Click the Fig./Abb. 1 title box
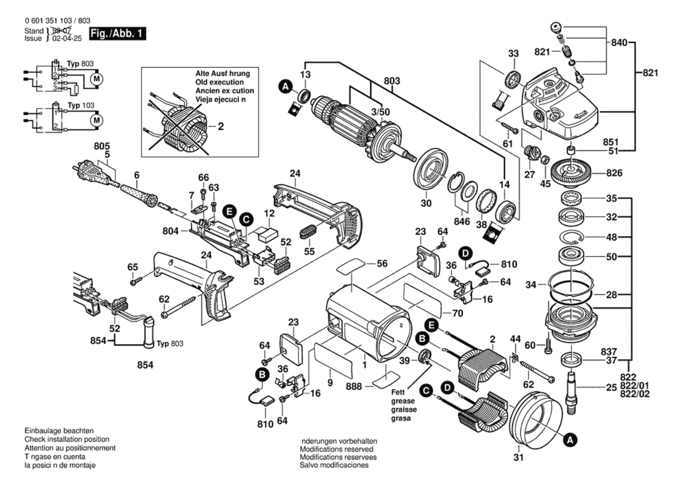tap(117, 33)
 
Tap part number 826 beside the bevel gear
tap(614, 173)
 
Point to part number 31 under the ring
tap(518, 457)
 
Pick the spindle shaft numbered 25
tap(571, 392)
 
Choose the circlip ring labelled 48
tap(571, 237)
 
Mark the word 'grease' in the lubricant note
tap(403, 401)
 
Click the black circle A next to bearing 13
tap(285, 86)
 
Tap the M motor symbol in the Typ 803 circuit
tap(96, 79)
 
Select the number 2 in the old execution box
tap(221, 126)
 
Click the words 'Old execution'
tap(219, 82)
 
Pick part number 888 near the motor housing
tap(353, 386)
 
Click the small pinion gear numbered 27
tap(531, 153)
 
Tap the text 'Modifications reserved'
tap(336, 449)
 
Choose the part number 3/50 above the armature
tap(380, 112)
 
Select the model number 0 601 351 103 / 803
tap(58, 21)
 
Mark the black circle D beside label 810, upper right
tap(465, 253)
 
